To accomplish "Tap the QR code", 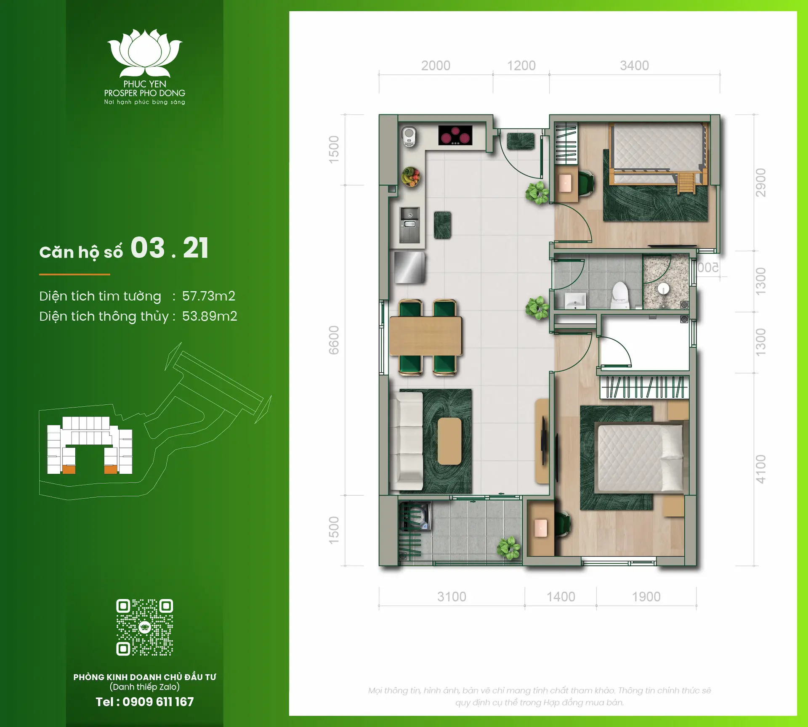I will pyautogui.click(x=144, y=627).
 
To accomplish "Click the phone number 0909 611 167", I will pyautogui.click(x=158, y=702).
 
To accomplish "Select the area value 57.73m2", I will pyautogui.click(x=208, y=296).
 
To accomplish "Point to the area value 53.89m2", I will pyautogui.click(x=209, y=316).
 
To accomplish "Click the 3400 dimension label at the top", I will pyautogui.click(x=634, y=66).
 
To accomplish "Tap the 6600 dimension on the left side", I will pyautogui.click(x=334, y=340).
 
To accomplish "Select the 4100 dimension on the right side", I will pyautogui.click(x=760, y=469).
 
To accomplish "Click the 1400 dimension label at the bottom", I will pyautogui.click(x=561, y=597).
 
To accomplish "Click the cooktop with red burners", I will pyautogui.click(x=455, y=135).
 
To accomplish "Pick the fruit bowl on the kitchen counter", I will pyautogui.click(x=410, y=176).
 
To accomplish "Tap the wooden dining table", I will pyautogui.click(x=425, y=336).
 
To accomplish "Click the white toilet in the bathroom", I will pyautogui.click(x=619, y=295).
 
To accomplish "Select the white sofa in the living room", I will pyautogui.click(x=407, y=441).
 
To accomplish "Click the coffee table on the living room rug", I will pyautogui.click(x=449, y=441).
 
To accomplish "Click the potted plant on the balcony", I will pyautogui.click(x=509, y=548).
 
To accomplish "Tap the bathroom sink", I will pyautogui.click(x=575, y=300).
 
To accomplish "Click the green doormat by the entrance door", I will pyautogui.click(x=521, y=141).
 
